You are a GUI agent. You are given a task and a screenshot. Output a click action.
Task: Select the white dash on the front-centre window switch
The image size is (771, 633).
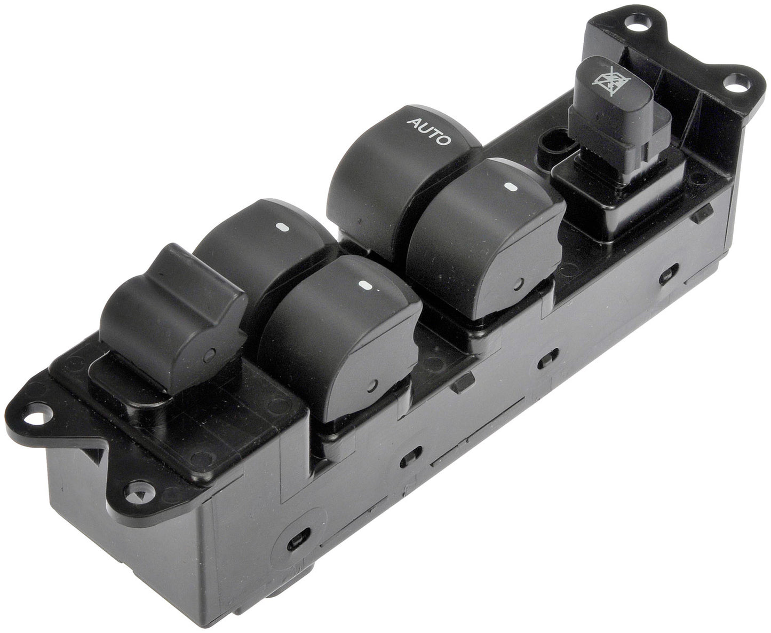(x=366, y=284)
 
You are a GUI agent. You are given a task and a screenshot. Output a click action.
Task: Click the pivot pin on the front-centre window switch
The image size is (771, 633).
(x=372, y=384)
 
